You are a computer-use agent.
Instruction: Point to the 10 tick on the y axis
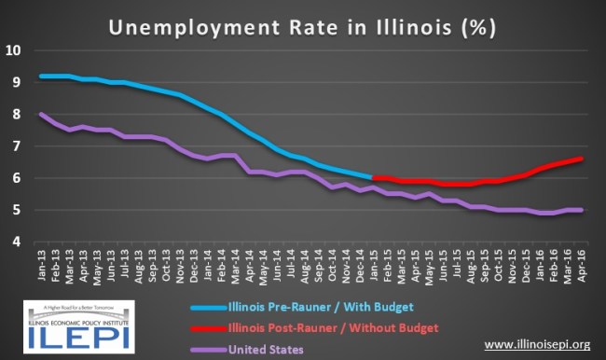[13, 48]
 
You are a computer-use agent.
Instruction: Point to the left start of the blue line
[42, 76]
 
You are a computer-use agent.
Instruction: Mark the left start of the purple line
[42, 114]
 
